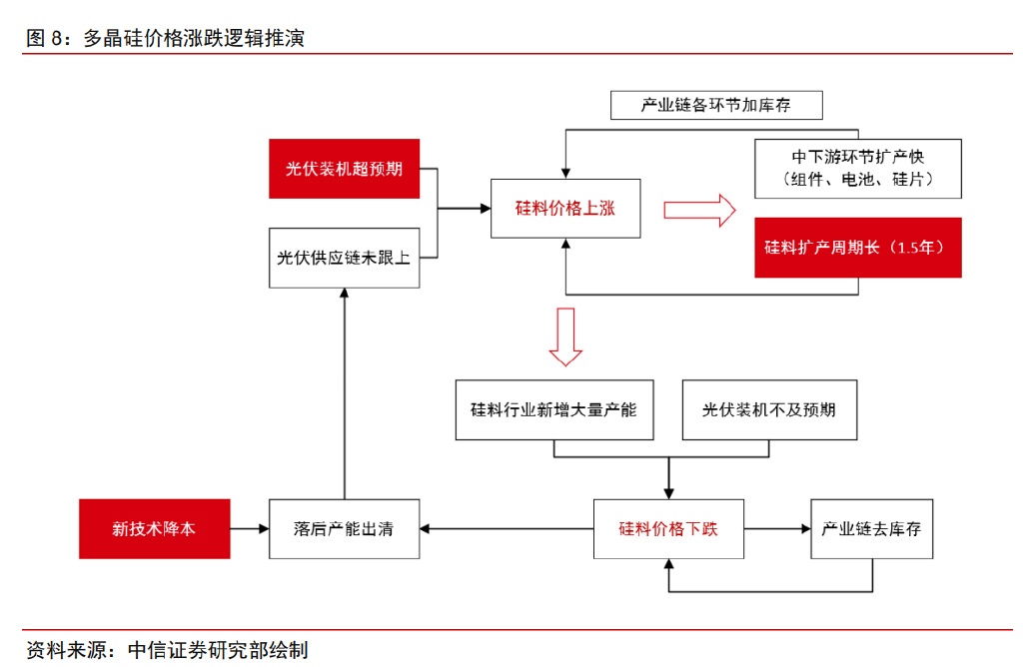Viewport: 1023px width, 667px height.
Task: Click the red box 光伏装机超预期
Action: [x=344, y=169]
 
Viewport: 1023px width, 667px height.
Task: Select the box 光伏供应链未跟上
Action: [x=344, y=258]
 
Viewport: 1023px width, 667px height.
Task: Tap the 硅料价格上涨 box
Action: [x=565, y=209]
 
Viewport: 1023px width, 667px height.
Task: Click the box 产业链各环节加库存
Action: [x=716, y=105]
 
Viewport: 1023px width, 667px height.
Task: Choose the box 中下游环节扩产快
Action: [x=858, y=169]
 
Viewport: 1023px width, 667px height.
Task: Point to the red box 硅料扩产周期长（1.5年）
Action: [x=857, y=247]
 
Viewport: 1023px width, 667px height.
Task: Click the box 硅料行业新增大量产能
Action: [x=553, y=409]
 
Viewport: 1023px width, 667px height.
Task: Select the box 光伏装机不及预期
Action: [x=769, y=409]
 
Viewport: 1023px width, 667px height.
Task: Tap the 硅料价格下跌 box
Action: [x=668, y=528]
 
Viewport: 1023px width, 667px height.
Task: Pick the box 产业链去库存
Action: [x=871, y=528]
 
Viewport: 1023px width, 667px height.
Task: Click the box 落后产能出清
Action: [x=344, y=528]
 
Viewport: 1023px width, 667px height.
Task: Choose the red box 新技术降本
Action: [x=154, y=528]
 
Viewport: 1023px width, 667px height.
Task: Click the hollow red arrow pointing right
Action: [x=699, y=210]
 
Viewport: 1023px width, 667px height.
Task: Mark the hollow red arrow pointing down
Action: [x=565, y=336]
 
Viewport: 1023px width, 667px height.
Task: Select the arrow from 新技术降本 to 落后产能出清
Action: [x=250, y=528]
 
